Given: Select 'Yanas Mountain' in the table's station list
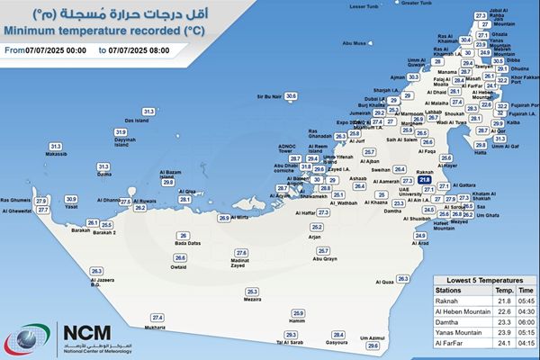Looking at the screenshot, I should pyautogui.click(x=459, y=332).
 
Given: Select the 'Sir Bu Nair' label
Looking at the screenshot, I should pyautogui.click(x=270, y=95).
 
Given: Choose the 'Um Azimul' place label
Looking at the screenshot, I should pyautogui.click(x=373, y=337).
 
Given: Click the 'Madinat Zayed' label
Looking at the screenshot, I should pyautogui.click(x=238, y=263).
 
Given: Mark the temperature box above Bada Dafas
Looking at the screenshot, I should pyautogui.click(x=184, y=235).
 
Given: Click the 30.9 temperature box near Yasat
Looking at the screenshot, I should pyautogui.click(x=71, y=199).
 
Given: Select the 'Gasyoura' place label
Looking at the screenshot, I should pyautogui.click(x=337, y=343).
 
